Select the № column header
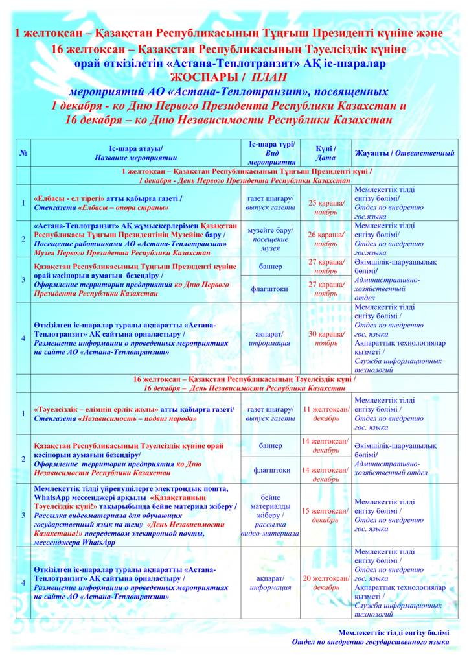(x=23, y=153)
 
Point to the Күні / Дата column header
(x=326, y=153)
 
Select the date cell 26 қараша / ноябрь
(x=326, y=239)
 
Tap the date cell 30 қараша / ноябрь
(x=326, y=338)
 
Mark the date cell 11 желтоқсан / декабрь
(x=326, y=414)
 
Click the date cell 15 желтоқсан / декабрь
(x=326, y=515)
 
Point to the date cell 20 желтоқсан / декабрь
(x=326, y=583)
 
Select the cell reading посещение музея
(x=271, y=244)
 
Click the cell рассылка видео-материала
(x=271, y=528)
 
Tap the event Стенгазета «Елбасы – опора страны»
(x=102, y=207)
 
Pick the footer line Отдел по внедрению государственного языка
(x=370, y=642)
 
